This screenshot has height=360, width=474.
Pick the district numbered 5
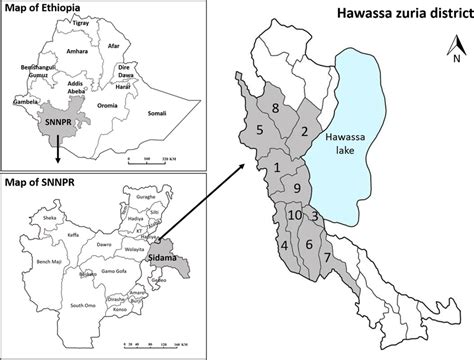point(259,130)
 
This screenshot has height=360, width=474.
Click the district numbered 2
point(304,131)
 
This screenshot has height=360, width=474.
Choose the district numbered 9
point(296,188)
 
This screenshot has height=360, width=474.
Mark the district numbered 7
point(326,258)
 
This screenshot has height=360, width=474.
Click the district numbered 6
point(308,245)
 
